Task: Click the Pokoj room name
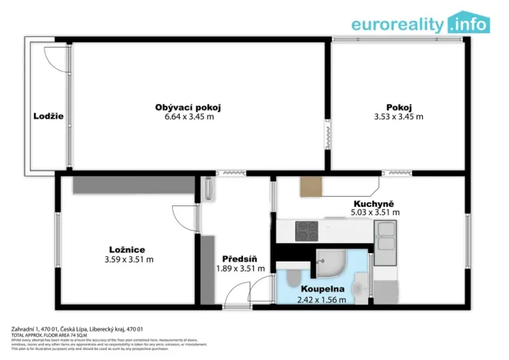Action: (398, 107)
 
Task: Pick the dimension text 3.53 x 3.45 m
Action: (398, 117)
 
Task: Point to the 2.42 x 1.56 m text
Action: (321, 300)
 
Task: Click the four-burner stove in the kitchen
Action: (307, 228)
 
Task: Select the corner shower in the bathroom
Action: (331, 263)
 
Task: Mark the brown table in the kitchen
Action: (311, 187)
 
